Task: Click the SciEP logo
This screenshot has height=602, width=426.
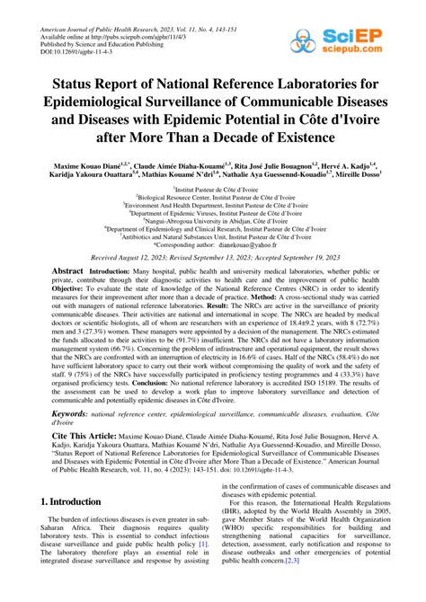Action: click(x=382, y=21)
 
